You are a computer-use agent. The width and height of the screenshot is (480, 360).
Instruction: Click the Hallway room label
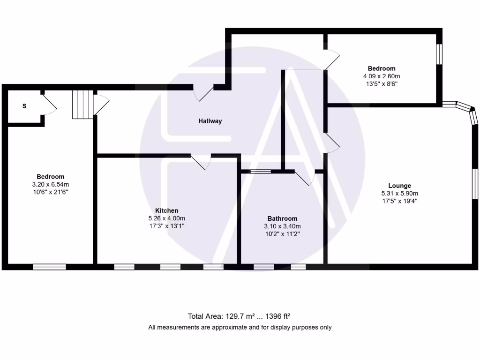click(x=210, y=121)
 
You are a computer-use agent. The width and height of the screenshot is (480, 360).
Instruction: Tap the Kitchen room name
click(x=166, y=210)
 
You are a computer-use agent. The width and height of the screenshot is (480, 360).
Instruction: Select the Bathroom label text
click(x=282, y=218)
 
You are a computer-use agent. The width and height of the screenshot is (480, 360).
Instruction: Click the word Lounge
click(x=399, y=186)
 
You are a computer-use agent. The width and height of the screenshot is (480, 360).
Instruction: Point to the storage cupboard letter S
click(x=24, y=106)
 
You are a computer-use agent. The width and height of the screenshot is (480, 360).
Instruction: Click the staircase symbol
click(x=81, y=104)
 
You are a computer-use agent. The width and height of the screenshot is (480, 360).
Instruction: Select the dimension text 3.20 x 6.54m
click(x=50, y=184)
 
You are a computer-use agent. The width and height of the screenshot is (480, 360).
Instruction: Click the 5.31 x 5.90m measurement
click(x=399, y=193)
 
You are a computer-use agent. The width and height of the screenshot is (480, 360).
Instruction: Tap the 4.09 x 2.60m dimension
click(x=381, y=76)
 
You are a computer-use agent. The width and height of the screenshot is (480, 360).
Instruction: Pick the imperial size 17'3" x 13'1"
click(x=166, y=226)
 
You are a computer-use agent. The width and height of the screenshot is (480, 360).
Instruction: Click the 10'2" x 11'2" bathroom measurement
click(x=282, y=233)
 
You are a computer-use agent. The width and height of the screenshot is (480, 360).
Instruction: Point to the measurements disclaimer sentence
click(x=240, y=327)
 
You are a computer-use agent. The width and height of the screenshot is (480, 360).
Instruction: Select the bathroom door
click(x=305, y=178)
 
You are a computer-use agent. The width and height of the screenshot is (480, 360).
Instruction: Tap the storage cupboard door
click(x=49, y=105)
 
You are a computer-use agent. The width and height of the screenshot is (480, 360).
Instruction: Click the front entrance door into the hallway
click(x=203, y=92)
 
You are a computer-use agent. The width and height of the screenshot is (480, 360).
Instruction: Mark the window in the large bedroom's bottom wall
click(x=49, y=267)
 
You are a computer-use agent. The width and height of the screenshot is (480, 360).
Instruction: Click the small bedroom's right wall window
click(x=439, y=54)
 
